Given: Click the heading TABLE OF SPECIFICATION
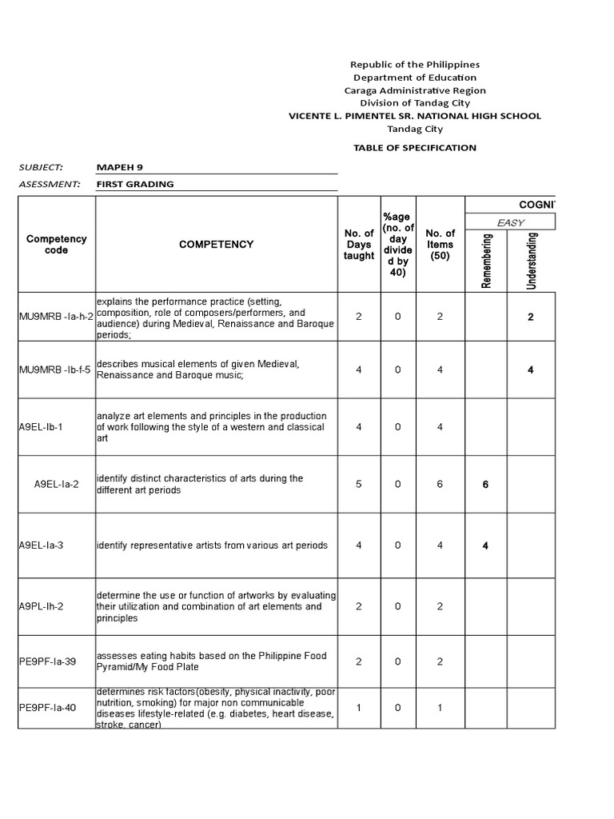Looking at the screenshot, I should [414, 148].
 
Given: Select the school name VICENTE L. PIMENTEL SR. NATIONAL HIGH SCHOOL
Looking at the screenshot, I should [414, 116].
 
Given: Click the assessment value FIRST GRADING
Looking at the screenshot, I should [134, 184].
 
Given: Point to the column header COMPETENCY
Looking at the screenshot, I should [216, 245].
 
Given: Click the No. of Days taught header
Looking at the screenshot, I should [358, 245].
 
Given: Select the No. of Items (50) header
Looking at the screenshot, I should [440, 245].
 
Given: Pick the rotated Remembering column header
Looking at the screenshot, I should [487, 261].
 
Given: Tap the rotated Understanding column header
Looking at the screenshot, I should [532, 261].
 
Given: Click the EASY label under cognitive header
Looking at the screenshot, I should [510, 222].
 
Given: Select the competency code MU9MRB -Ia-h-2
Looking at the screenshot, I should [56, 317].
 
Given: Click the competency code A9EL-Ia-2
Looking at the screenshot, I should [56, 484].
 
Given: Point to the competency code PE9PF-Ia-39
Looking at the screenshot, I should [48, 662].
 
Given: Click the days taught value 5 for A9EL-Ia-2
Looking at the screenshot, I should [358, 484].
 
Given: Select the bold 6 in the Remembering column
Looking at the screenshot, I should [485, 485].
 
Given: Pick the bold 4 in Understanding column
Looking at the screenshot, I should [531, 370].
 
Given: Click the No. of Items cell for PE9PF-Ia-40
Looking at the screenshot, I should [440, 708].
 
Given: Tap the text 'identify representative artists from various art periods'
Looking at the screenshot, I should [212, 545].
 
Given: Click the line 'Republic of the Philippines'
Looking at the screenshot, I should [414, 65].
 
